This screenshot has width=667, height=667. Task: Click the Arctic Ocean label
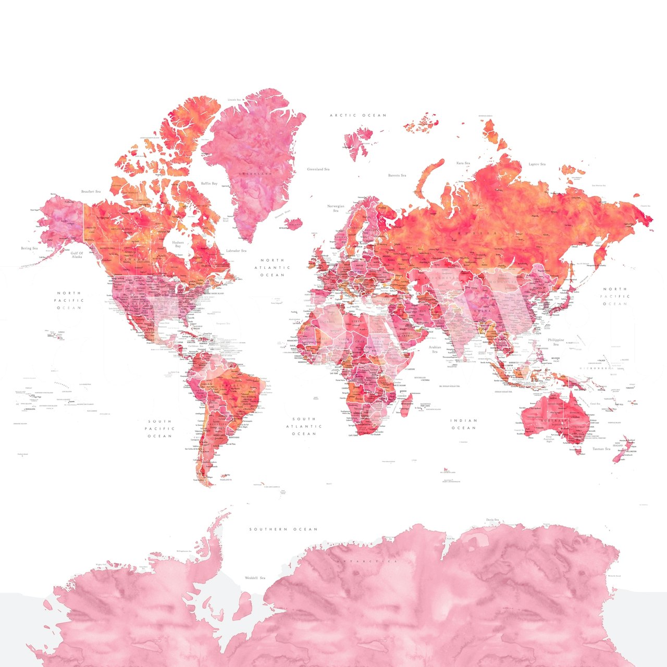coord(358,115)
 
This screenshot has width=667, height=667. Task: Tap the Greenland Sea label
coord(318,169)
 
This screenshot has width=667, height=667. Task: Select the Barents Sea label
coord(397,176)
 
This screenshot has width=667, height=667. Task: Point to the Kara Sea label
coord(463,163)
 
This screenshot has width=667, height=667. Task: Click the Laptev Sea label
coord(537,164)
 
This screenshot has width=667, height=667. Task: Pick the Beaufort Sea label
coord(91,192)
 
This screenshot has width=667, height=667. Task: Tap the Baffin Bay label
coord(209,183)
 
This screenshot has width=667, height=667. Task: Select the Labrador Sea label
coord(236,251)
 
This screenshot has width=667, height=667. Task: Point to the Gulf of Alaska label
coord(77,255)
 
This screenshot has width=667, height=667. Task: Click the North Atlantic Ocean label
coord(272,267)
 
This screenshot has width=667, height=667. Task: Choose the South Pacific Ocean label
coord(160,428)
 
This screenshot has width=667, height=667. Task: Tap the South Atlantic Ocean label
coord(304,426)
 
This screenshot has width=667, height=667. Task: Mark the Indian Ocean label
coord(464,424)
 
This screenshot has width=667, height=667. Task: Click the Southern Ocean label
coord(283,529)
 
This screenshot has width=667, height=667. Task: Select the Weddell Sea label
coord(255,578)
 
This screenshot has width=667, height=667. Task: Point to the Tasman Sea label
coord(601,449)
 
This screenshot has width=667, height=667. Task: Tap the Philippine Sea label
coord(556,342)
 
